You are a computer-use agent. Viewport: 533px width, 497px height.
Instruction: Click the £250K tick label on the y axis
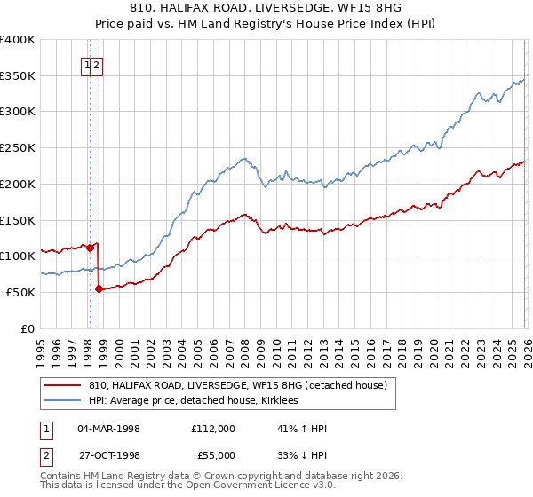(x=18, y=148)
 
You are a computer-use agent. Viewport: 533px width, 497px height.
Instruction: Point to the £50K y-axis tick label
(x=20, y=292)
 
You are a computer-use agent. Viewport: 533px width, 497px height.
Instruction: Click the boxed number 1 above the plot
(x=88, y=64)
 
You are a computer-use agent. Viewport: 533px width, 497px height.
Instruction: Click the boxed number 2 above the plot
(x=97, y=64)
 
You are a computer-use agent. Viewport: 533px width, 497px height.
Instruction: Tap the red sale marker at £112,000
(x=90, y=248)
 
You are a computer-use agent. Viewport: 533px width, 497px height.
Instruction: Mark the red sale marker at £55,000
(x=99, y=289)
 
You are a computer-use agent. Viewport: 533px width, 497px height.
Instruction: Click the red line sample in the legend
(x=62, y=386)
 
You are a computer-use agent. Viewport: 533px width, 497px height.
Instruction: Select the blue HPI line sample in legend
(x=62, y=401)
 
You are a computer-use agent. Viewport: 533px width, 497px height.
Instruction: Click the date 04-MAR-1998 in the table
(x=108, y=429)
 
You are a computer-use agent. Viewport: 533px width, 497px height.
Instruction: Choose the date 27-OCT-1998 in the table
(x=108, y=455)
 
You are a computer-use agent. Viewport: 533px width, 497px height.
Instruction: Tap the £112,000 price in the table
(x=213, y=429)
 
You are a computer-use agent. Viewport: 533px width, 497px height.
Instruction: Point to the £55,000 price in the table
(x=216, y=455)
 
